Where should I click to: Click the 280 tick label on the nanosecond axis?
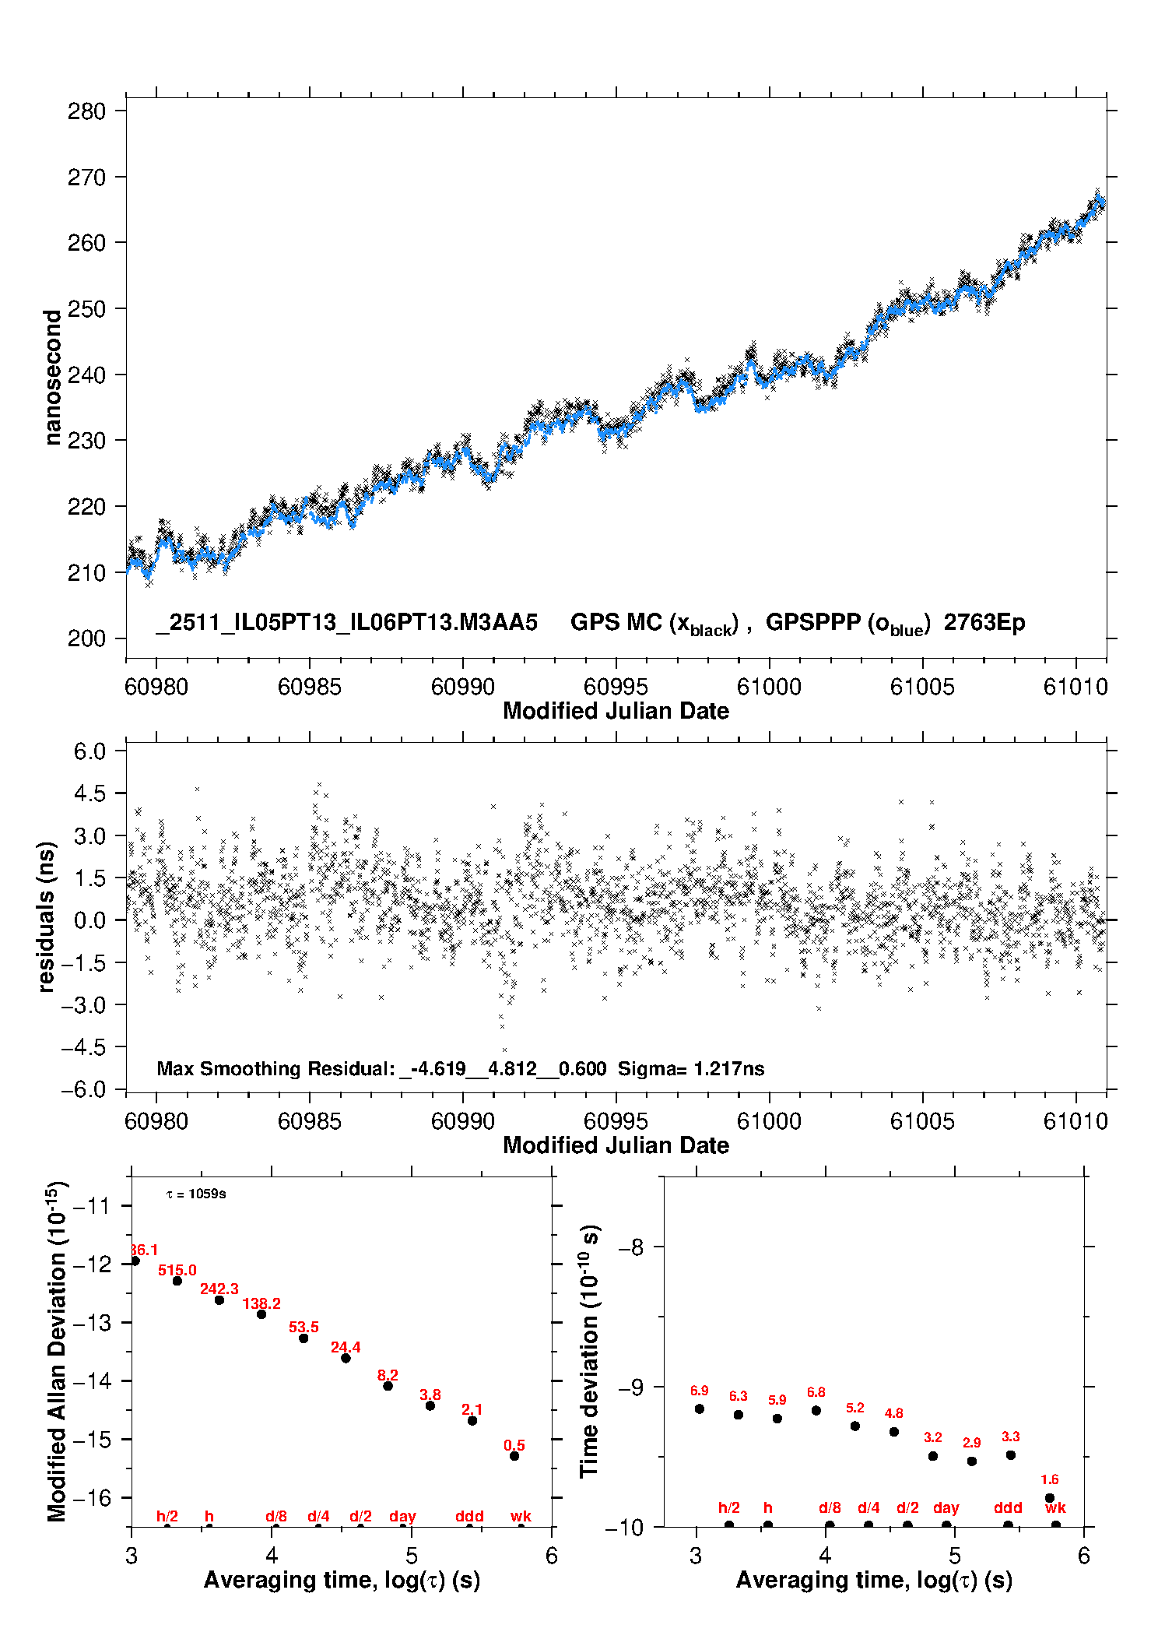tap(86, 111)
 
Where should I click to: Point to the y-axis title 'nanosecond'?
tap(52, 378)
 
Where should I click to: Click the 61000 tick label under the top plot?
tap(769, 687)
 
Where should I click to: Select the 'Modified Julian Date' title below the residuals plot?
tap(616, 1145)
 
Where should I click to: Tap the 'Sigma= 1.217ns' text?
tap(691, 1068)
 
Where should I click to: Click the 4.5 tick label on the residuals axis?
tap(89, 793)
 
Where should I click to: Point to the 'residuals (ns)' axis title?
tap(47, 916)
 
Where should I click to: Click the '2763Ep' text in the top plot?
tap(984, 623)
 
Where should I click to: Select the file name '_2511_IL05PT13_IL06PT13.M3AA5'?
tap(346, 623)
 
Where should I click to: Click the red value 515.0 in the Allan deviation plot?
tap(177, 1271)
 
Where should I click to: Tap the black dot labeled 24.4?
tap(346, 1358)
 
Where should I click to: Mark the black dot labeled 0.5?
tap(514, 1456)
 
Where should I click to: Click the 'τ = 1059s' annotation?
tap(196, 1194)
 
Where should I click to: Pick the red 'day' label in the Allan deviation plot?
tap(402, 1516)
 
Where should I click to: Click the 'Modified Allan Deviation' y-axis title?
tap(56, 1351)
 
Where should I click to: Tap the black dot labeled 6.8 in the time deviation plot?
tap(816, 1411)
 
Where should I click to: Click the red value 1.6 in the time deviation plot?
tap(1049, 1479)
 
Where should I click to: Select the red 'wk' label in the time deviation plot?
tap(1055, 1508)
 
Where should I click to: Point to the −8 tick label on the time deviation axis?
tap(630, 1247)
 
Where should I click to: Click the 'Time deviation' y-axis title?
tap(589, 1350)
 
